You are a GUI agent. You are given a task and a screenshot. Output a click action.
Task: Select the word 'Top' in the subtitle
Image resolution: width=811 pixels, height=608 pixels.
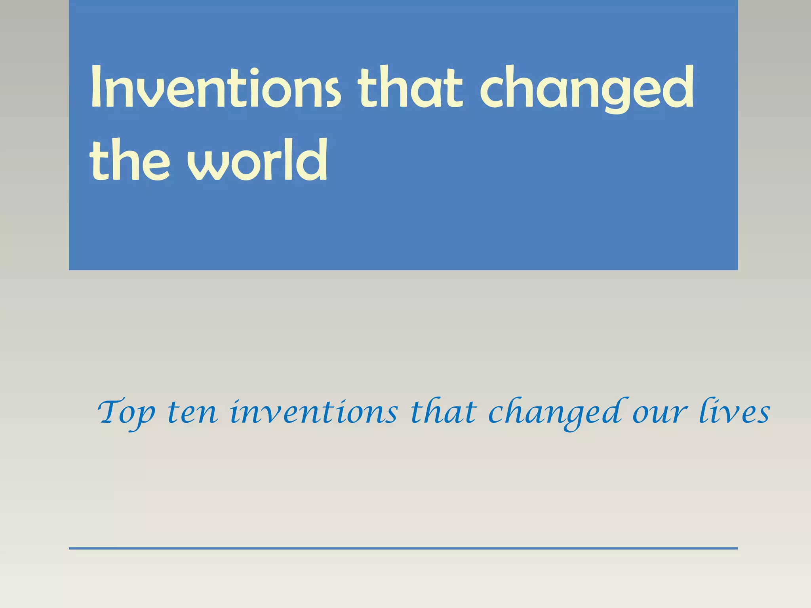coord(126,414)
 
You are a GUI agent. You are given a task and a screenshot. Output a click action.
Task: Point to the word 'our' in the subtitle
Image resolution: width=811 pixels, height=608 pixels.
coord(658,414)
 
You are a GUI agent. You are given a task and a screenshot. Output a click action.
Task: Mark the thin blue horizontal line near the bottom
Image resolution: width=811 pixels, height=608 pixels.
coord(403,548)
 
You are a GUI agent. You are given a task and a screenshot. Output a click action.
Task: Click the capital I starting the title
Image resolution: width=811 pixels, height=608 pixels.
coord(95,88)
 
